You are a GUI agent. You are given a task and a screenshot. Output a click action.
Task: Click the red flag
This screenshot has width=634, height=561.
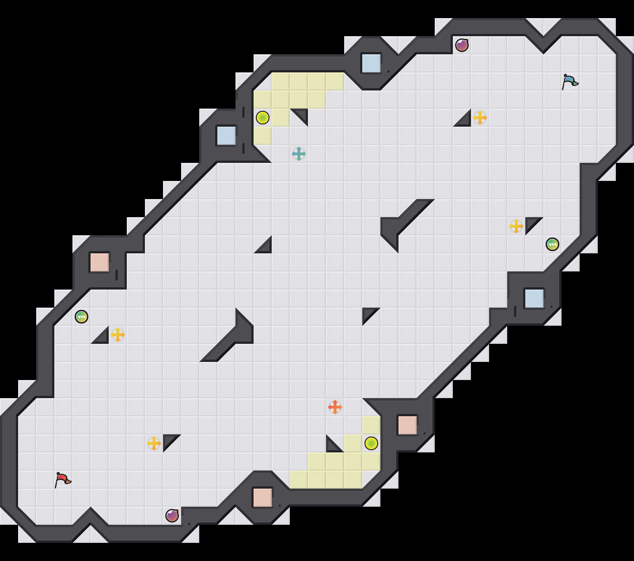(x=62, y=480)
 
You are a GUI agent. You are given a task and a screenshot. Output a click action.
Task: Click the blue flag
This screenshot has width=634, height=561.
(x=570, y=82)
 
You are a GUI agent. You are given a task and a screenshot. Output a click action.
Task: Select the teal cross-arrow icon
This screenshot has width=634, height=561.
(x=299, y=154)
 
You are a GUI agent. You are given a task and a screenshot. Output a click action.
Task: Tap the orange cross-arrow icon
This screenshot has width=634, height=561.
(x=335, y=407)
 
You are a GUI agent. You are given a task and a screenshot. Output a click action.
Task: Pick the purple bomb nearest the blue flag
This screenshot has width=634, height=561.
(x=462, y=45)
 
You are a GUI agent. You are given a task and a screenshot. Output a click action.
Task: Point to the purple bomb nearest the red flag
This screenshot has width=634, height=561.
(x=172, y=516)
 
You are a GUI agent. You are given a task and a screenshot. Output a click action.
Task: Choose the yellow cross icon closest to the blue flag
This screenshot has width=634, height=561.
(x=480, y=118)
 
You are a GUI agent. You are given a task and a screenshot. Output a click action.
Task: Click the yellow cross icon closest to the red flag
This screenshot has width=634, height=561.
(x=154, y=443)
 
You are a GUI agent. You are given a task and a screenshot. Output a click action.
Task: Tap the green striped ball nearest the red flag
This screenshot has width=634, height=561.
(x=82, y=317)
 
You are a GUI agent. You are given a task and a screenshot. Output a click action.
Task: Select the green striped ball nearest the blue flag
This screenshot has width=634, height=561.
(x=552, y=244)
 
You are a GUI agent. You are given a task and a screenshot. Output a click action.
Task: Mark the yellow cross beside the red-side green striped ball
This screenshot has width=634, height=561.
(x=118, y=335)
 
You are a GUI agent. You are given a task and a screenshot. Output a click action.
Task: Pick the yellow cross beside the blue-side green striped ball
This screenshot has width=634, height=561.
(x=516, y=226)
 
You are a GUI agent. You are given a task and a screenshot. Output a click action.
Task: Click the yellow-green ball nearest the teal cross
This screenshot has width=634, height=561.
(x=263, y=118)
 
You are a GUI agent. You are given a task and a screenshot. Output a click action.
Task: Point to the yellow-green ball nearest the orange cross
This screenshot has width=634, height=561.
(x=371, y=443)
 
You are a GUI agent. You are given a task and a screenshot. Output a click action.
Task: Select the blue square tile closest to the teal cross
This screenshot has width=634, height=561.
(x=226, y=136)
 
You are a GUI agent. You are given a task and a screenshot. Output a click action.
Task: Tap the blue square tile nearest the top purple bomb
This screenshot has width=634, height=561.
(x=371, y=63)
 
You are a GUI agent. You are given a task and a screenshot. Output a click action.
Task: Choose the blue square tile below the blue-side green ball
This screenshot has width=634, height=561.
(x=534, y=299)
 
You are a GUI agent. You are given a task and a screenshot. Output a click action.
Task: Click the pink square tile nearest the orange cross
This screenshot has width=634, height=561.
(x=408, y=425)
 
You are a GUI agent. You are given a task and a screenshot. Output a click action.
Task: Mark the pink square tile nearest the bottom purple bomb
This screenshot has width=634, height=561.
(x=263, y=498)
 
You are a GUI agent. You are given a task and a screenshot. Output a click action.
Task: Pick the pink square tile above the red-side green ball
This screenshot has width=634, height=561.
(x=100, y=262)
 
